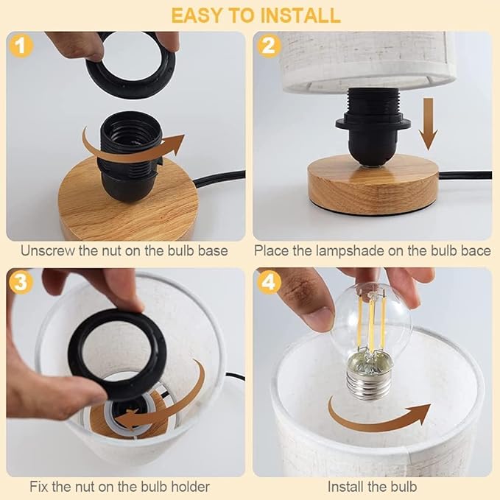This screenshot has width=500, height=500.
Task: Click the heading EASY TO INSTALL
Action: [250, 15]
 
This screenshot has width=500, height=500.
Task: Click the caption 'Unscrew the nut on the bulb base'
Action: [124, 250]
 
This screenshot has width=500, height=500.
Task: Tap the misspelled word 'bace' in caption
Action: [476, 250]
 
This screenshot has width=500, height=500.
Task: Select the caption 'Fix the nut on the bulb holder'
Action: [120, 486]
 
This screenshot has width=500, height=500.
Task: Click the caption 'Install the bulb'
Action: [372, 486]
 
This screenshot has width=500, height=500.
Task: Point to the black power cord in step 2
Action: [464, 176]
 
